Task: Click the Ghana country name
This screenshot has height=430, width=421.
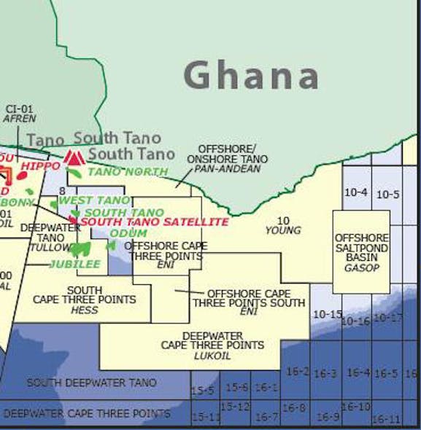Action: tap(251, 75)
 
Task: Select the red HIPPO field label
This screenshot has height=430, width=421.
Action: tap(41, 166)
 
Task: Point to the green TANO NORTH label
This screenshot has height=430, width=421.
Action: tap(128, 172)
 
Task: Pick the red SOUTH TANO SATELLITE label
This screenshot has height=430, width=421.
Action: tap(154, 222)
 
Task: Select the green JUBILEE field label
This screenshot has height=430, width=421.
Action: tap(75, 264)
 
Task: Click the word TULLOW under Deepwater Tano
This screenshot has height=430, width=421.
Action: tap(47, 248)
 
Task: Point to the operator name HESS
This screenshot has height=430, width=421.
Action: tap(85, 310)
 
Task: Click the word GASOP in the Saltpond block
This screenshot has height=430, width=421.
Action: tap(361, 268)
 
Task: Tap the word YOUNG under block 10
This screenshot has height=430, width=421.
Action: tap(283, 230)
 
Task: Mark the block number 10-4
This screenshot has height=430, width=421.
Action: tap(355, 192)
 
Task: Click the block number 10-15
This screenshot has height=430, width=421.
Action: tap(327, 314)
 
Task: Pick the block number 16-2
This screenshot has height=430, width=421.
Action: tap(296, 371)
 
